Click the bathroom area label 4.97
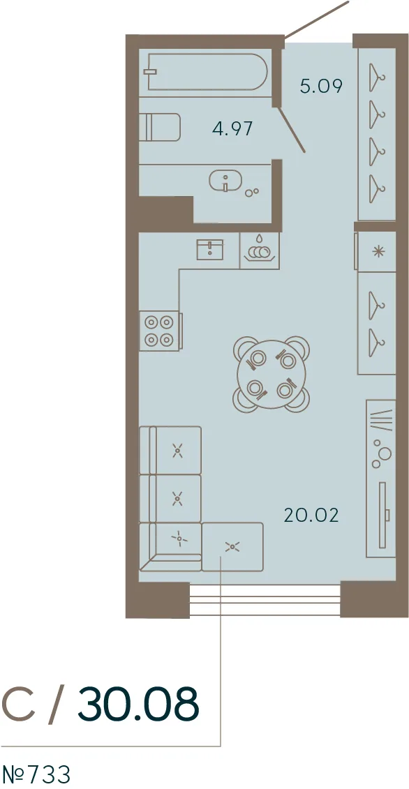(x=232, y=129)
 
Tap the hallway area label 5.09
(x=321, y=86)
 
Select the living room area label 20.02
(x=311, y=515)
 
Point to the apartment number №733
(x=36, y=774)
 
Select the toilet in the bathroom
(x=160, y=127)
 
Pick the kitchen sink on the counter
(x=211, y=250)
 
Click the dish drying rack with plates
(x=259, y=249)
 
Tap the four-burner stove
(x=158, y=331)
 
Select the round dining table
(x=272, y=373)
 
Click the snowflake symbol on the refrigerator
(x=375, y=252)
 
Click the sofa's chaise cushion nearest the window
(x=232, y=546)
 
